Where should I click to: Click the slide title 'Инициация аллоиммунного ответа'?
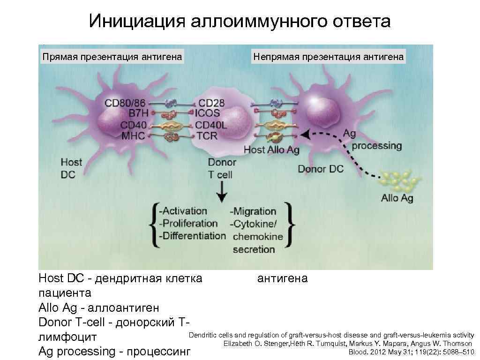coord(240,21)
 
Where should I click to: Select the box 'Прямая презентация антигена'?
coord(112,57)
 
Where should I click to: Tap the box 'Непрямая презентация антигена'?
coord(328,57)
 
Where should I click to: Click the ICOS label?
coord(209,114)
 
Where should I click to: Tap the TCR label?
coord(208,136)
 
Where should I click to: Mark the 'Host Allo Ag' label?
coord(272,150)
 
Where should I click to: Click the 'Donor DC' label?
coord(321,169)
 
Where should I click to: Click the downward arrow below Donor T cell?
coord(221,191)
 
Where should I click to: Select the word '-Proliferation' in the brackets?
coord(188,224)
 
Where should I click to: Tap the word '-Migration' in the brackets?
coord(253,211)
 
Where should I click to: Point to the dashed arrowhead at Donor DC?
coord(305,135)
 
